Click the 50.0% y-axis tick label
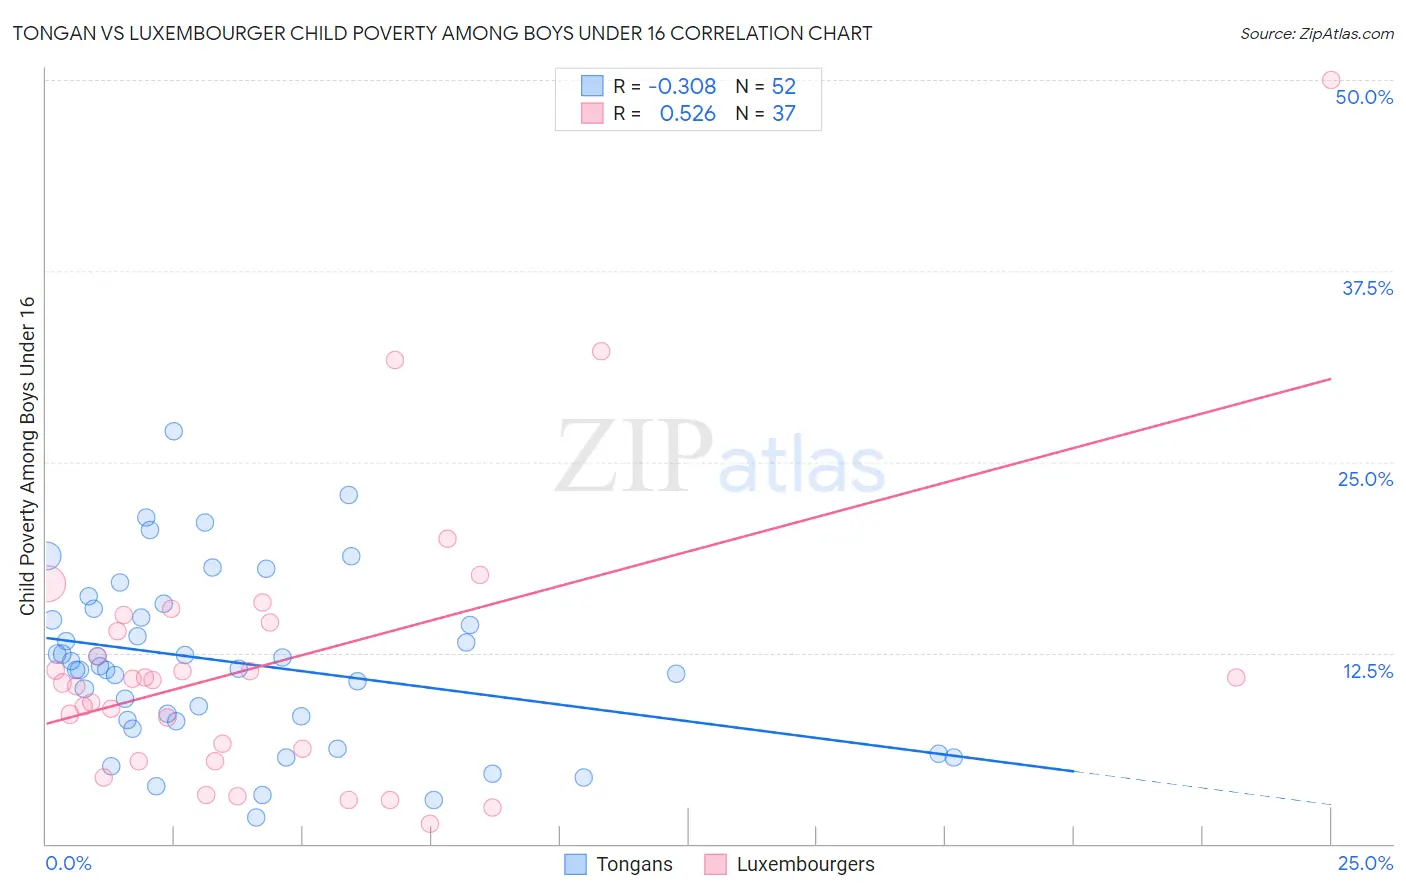click(x=1364, y=97)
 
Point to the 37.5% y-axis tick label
click(x=1367, y=288)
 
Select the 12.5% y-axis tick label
click(x=1367, y=671)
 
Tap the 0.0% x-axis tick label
click(x=68, y=863)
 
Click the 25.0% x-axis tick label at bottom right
click(x=1365, y=863)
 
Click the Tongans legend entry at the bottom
click(x=633, y=864)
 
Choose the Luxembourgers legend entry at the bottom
click(x=804, y=864)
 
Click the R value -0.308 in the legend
click(x=682, y=86)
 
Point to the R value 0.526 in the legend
click(x=688, y=114)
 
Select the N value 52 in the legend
click(x=783, y=86)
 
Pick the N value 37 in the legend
click(x=783, y=114)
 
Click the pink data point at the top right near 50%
click(x=1331, y=80)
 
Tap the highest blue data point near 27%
click(x=174, y=431)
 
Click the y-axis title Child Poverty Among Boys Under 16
click(x=27, y=456)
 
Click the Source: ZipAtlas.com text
click(x=1316, y=33)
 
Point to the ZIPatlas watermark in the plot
click(x=720, y=457)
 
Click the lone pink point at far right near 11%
click(x=1236, y=677)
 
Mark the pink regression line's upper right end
click(x=1330, y=379)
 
